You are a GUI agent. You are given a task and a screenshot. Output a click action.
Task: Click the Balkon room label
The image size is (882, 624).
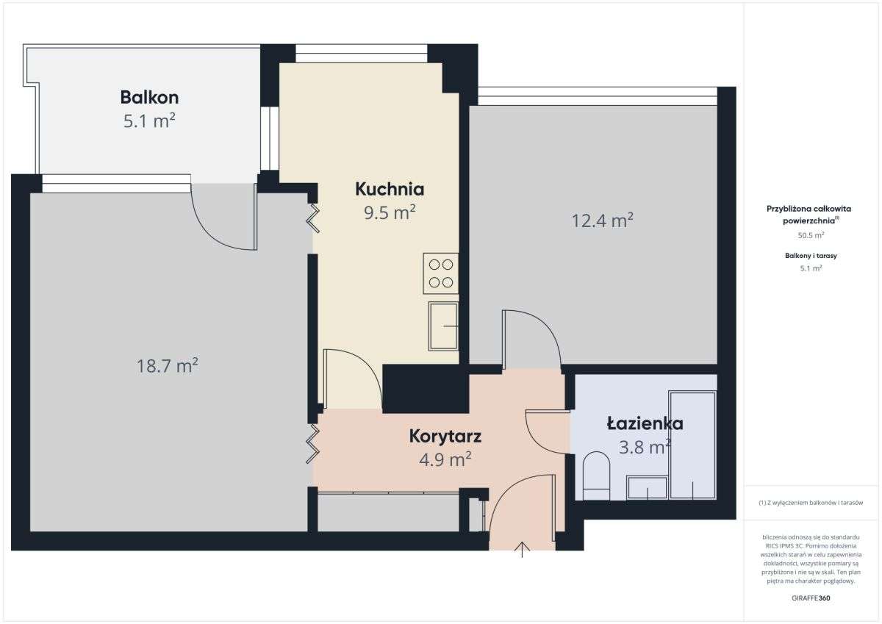point(149,97)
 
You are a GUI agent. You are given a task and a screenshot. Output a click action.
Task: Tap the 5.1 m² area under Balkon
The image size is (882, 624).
point(149,121)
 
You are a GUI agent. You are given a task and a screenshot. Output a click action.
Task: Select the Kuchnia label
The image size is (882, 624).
point(389,189)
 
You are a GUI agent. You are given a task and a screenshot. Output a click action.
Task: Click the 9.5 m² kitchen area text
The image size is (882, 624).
point(389,213)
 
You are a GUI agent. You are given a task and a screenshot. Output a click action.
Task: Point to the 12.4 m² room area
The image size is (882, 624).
point(602,220)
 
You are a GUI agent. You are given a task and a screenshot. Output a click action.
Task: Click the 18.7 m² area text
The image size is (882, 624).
point(168,365)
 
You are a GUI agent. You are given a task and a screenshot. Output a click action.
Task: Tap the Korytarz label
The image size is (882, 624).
point(445,437)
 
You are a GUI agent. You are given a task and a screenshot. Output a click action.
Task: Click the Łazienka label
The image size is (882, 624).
point(645,423)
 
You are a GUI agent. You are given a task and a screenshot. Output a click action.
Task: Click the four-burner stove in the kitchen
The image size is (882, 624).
point(440,273)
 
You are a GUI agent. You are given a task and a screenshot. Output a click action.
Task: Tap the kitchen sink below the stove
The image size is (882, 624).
point(443,326)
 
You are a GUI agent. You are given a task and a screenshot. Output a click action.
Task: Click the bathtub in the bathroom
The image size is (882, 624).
point(692,445)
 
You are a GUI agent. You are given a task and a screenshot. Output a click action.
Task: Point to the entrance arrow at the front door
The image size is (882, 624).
point(523,550)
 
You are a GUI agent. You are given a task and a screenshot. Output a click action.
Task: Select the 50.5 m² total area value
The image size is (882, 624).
point(811,235)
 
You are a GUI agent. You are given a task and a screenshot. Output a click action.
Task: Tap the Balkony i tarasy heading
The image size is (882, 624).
point(811,256)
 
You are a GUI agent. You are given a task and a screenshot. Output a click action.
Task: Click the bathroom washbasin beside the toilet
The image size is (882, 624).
point(646,487)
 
